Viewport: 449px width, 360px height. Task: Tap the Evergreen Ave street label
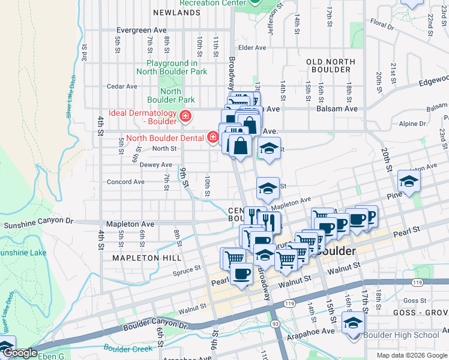tap(141, 29)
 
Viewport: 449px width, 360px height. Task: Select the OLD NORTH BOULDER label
tap(328, 65)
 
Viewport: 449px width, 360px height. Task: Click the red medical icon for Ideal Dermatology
tap(185, 115)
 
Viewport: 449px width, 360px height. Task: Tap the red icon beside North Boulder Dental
tap(212, 138)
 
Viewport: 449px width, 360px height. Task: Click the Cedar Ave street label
tap(123, 86)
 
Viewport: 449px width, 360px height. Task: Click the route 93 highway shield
tap(274, 324)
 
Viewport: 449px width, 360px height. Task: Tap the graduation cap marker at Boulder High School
tap(354, 322)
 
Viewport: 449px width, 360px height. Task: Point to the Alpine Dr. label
tap(412, 124)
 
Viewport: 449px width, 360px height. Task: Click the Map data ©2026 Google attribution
tap(411, 355)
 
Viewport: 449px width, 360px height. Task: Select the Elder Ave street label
tap(252, 48)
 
